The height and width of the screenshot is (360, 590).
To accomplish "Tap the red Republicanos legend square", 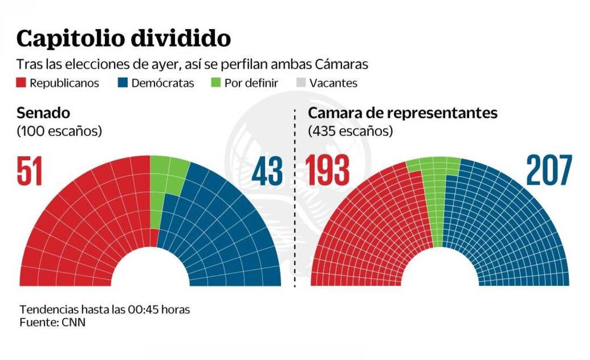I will pos(21,83).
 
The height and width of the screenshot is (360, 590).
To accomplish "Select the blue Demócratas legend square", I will pos(123,83).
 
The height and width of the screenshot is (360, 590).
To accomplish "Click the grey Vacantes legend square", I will pos(301,83).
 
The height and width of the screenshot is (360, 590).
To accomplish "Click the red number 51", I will pos(30,172).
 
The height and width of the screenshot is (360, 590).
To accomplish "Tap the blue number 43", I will pos(267,172).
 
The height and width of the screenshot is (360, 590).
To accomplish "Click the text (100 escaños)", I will pos(59,131).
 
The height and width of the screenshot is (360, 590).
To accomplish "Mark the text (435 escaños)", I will pos(350,131).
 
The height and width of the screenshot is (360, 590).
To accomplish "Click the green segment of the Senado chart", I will pos(165,178).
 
